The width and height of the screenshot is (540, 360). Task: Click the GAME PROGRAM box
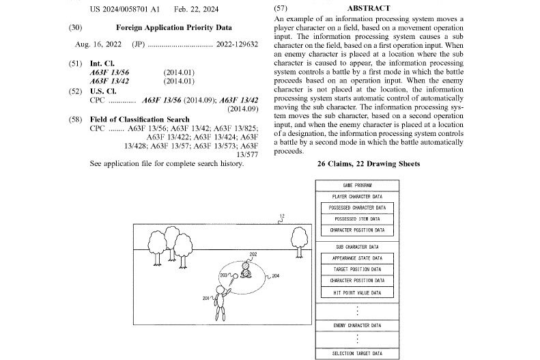357,185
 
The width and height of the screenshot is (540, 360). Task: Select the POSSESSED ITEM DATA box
357,219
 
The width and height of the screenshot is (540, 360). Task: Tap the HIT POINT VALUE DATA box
357,292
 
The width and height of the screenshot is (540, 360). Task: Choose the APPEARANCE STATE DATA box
357,258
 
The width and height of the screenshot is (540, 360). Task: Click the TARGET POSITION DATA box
357,269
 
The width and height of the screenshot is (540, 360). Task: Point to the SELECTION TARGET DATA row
357,353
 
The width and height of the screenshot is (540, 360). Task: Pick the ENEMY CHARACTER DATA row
357,325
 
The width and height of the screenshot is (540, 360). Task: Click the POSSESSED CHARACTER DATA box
357,207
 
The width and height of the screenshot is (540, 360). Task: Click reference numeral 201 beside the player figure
207,299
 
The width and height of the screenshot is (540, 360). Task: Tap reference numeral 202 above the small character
253,254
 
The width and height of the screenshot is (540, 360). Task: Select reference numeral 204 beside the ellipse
276,276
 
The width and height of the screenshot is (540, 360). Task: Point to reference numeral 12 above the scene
282,217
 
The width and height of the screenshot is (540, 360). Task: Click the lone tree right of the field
298,239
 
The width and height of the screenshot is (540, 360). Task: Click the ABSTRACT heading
369,8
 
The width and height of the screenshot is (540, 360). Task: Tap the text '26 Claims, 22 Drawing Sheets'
368,164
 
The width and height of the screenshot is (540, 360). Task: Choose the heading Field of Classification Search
139,119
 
